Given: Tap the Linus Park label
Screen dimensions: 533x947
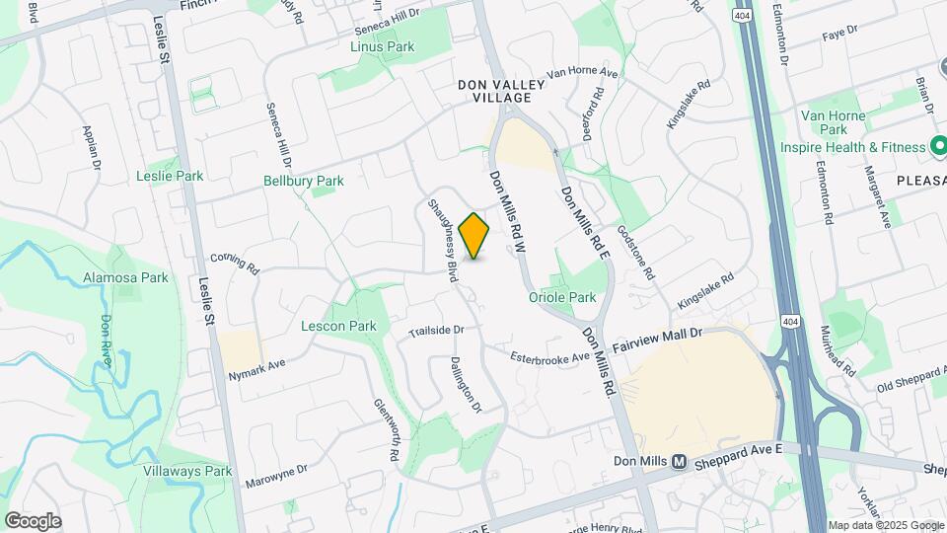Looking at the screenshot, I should pos(383,46).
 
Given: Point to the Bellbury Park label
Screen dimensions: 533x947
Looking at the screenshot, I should pos(304,181).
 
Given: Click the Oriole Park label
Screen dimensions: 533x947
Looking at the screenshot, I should pos(562,297).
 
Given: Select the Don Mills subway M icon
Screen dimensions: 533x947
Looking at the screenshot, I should pos(679,462).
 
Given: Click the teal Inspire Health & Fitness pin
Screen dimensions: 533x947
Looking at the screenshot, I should pos(939,147).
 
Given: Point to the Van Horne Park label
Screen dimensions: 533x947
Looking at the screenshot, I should pos(834,122).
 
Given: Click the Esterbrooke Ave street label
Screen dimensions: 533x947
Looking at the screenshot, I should pos(549,359).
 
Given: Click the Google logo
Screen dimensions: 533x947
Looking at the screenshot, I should pos(33,521).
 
